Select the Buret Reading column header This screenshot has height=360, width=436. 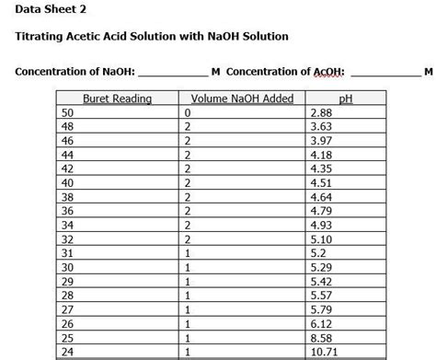117,99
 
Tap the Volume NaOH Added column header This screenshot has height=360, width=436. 241,99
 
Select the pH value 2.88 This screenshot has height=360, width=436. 322,112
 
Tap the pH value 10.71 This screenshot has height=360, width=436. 325,352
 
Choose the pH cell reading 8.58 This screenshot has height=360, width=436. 322,337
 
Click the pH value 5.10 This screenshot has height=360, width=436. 322,238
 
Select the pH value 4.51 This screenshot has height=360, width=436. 322,182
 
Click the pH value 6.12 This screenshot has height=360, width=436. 322,323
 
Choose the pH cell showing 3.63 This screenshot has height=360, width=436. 322,126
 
